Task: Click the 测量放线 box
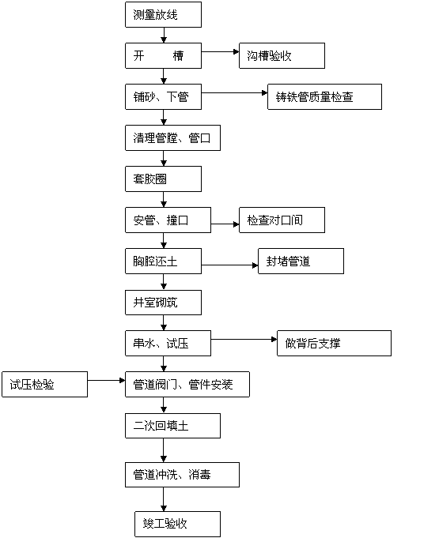click(x=163, y=14)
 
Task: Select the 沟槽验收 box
click(x=282, y=56)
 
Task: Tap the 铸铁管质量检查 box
click(x=324, y=96)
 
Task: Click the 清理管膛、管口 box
click(x=172, y=138)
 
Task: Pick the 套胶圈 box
click(x=163, y=179)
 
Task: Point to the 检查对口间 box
click(x=282, y=220)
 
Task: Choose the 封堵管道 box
click(x=301, y=261)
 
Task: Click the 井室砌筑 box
click(x=163, y=303)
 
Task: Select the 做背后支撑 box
click(x=334, y=343)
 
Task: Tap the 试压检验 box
click(x=44, y=385)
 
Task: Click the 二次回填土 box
click(x=172, y=426)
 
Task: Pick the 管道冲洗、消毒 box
click(x=182, y=475)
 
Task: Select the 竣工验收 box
click(x=177, y=524)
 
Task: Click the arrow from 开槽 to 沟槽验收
click(x=221, y=52)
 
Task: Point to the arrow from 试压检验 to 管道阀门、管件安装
click(x=106, y=381)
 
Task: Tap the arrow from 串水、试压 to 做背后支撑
click(x=244, y=339)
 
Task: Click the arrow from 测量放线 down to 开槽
click(x=164, y=36)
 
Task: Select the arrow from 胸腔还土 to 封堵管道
click(x=230, y=265)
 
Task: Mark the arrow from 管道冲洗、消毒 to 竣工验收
click(x=164, y=499)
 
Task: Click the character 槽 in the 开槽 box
click(x=178, y=56)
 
